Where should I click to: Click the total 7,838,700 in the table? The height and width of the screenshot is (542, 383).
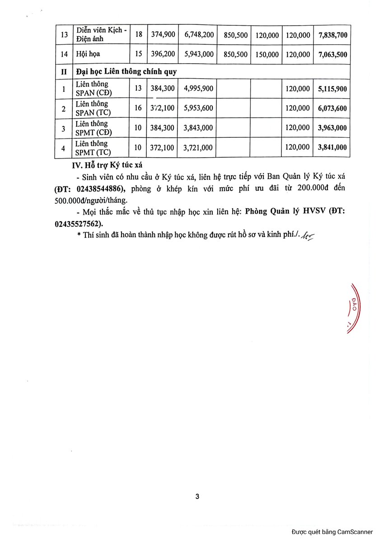[333, 35]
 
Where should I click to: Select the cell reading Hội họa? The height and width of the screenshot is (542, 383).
[88, 54]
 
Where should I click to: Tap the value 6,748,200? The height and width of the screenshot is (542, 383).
[198, 35]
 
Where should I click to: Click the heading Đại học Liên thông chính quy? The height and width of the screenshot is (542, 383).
[126, 71]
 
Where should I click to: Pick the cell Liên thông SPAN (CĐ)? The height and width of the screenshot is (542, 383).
[93, 89]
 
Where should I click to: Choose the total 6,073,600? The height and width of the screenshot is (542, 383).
[333, 108]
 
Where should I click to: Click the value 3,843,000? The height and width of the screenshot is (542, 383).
[198, 128]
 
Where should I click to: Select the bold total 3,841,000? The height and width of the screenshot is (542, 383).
[333, 147]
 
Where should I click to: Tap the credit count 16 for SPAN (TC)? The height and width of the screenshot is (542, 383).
[138, 108]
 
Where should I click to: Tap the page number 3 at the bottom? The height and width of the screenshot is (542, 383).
[197, 497]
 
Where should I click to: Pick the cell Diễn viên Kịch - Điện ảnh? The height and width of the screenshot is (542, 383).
[101, 35]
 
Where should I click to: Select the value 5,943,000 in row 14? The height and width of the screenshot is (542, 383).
[198, 54]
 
